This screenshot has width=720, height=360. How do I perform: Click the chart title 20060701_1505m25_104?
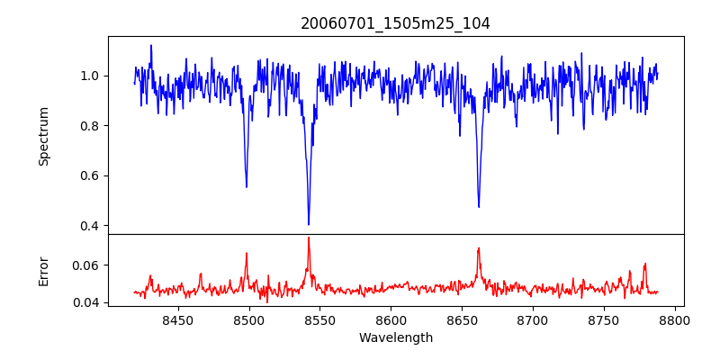pos(395,23)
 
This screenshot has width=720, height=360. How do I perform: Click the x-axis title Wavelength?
pos(395,338)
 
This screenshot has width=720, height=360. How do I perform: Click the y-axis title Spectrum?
pos(43,136)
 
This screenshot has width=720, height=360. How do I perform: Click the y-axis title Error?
pos(43,270)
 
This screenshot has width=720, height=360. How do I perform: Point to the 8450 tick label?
pos(177,319)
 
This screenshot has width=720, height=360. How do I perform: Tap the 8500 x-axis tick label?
pos(248,319)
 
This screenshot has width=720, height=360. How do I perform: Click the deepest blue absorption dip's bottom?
pos(309,224)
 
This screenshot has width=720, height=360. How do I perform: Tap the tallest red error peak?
pos(308,238)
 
